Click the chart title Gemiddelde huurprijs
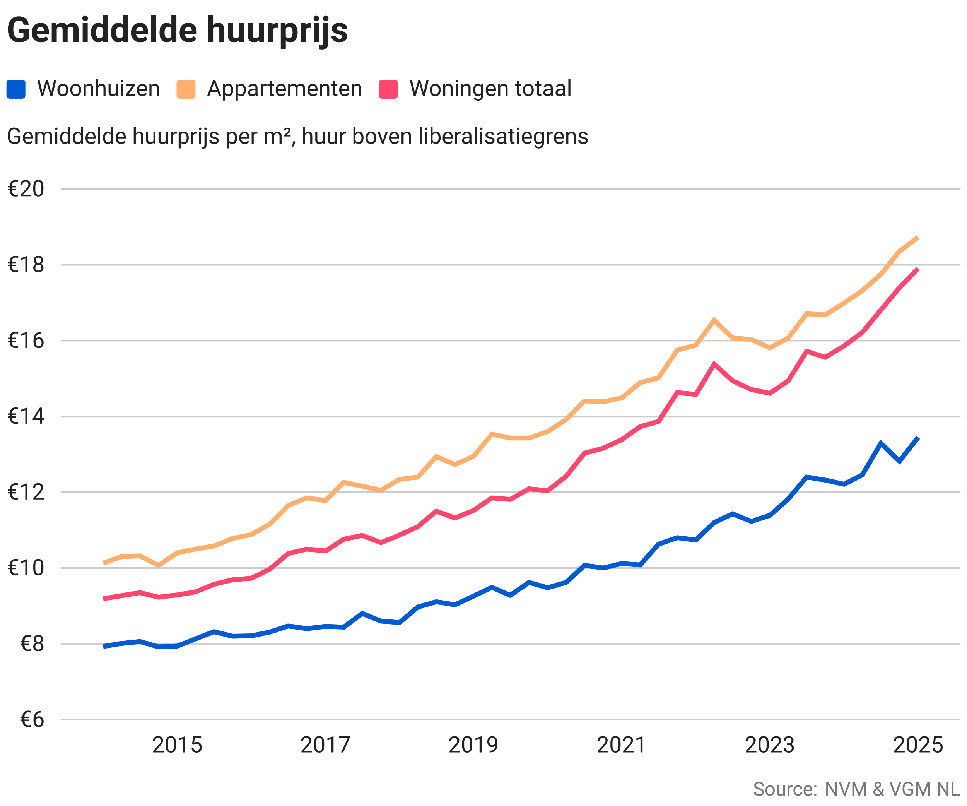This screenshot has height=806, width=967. [177, 31]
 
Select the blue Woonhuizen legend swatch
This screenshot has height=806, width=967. [15, 89]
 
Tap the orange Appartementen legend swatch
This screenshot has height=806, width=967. [186, 89]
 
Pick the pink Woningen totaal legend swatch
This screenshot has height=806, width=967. [388, 89]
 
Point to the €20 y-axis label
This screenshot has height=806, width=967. [26, 189]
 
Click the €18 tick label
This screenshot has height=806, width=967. [26, 265]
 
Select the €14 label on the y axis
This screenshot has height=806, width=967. [26, 416]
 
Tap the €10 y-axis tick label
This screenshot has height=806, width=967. [26, 568]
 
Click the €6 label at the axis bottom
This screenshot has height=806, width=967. [32, 719]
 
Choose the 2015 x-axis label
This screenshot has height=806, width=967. [177, 745]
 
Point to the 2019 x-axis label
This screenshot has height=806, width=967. [473, 745]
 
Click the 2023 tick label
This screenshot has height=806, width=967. [770, 745]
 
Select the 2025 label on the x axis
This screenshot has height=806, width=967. [918, 745]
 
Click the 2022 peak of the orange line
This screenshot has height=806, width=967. [714, 320]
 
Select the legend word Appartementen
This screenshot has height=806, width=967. [285, 89]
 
